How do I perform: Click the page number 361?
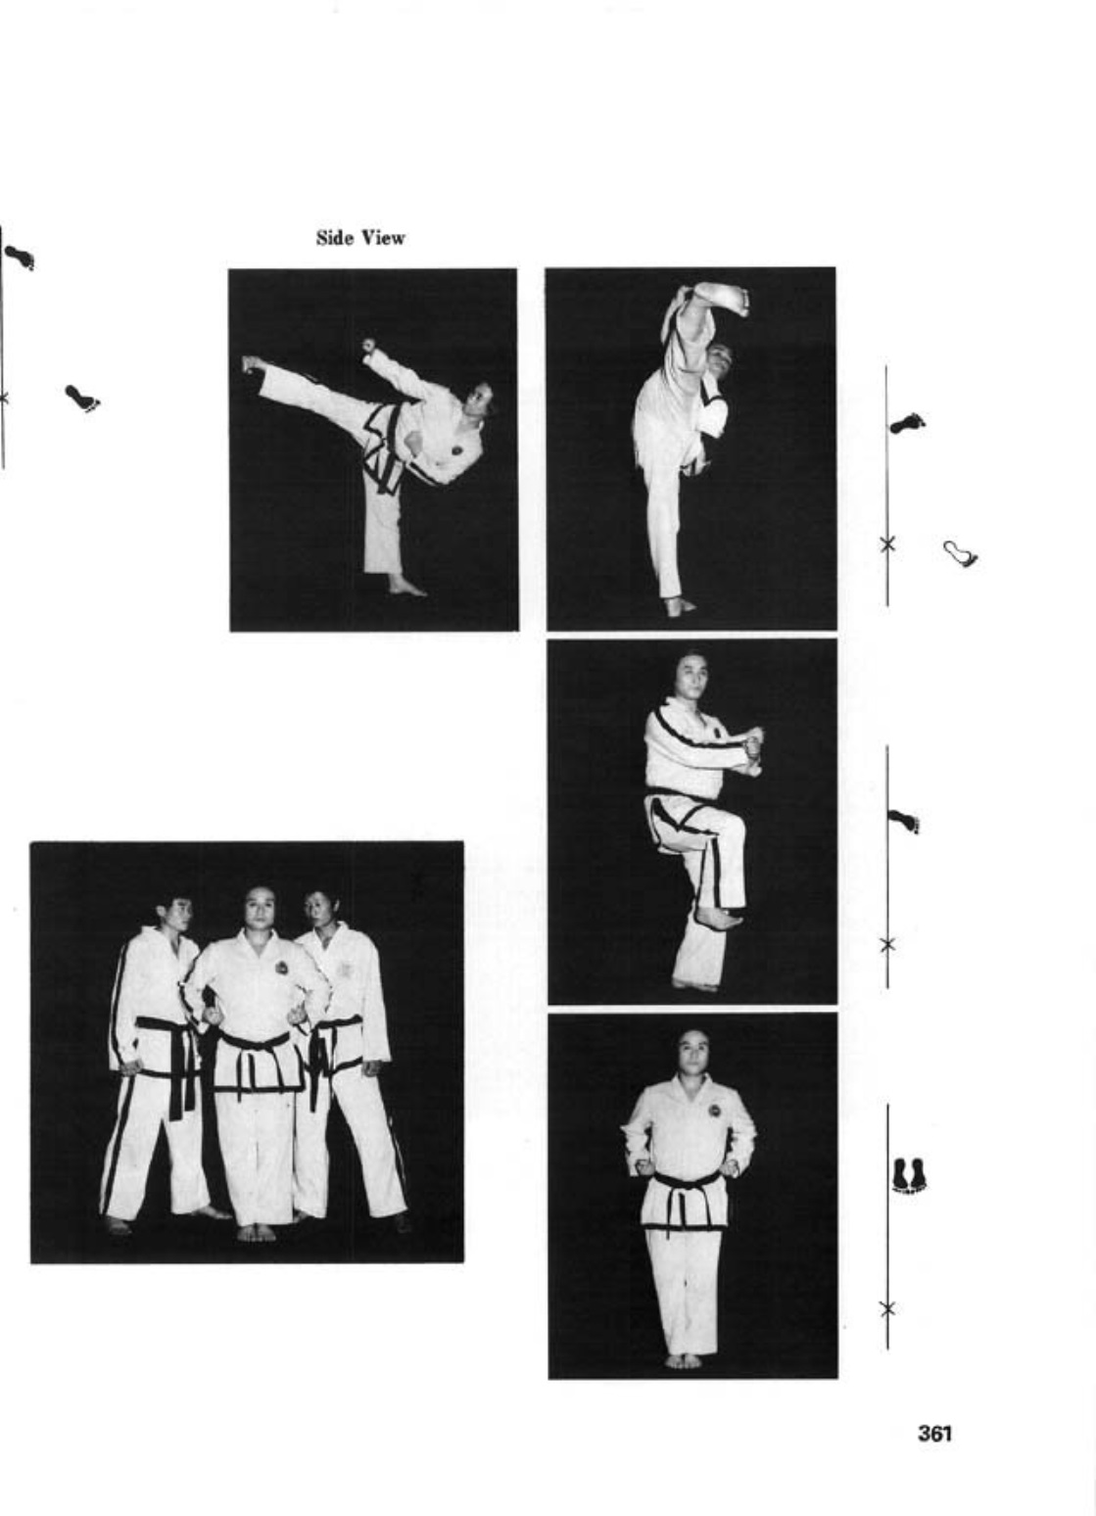tap(934, 1433)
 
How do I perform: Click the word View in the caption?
tap(383, 238)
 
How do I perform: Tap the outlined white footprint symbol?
tap(961, 553)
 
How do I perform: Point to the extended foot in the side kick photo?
tap(252, 365)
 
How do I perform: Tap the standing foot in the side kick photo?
tap(406, 586)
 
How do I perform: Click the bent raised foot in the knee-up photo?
tap(719, 919)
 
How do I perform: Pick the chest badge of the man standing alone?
tap(714, 1111)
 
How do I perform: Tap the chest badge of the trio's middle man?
tap(279, 966)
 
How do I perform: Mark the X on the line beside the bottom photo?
tap(887, 1307)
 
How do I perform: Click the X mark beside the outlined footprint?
tap(887, 543)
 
